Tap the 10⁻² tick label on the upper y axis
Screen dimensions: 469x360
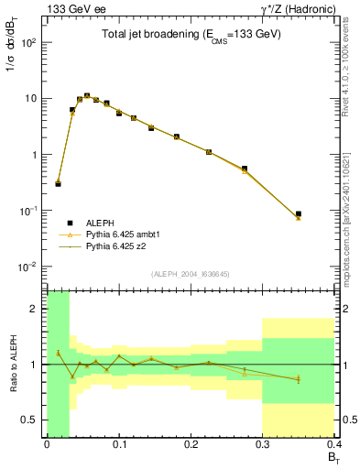pyautogui.click(x=28, y=267)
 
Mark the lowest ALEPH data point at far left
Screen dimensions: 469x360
pyautogui.click(x=58, y=184)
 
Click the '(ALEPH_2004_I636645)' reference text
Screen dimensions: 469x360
pyautogui.click(x=191, y=274)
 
